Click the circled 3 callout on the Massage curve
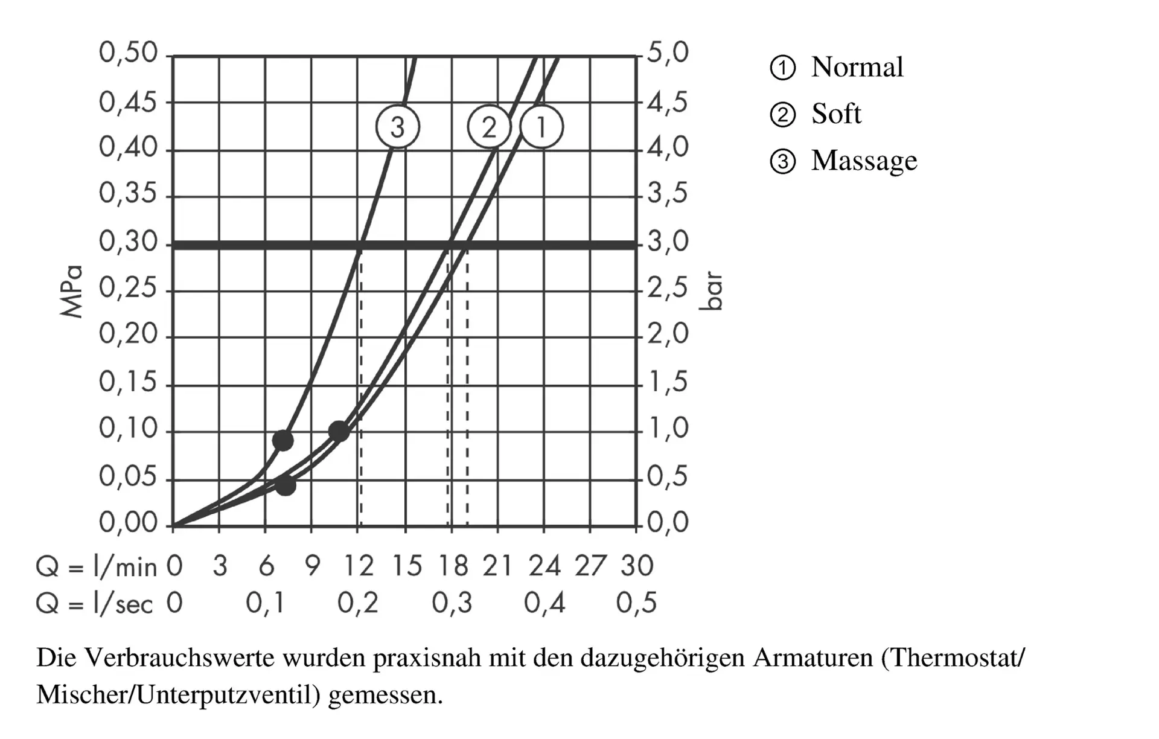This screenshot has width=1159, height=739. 397,127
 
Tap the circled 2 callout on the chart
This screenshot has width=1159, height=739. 489,127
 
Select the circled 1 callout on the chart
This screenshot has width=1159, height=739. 541,127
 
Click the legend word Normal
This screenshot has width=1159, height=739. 857,67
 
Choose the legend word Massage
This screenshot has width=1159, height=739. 864,161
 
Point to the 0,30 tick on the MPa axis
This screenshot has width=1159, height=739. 128,242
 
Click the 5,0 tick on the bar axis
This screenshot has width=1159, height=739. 668,53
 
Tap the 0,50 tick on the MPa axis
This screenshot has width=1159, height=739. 128,53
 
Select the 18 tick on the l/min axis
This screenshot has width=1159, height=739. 453,566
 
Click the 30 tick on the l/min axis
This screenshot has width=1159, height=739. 637,566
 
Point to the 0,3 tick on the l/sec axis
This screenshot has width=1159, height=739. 452,603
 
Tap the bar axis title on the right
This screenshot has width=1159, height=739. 712,291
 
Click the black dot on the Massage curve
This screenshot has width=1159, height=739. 283,440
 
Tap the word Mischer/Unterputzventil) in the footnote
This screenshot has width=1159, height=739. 179,695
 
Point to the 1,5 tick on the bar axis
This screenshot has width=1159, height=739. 668,382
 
